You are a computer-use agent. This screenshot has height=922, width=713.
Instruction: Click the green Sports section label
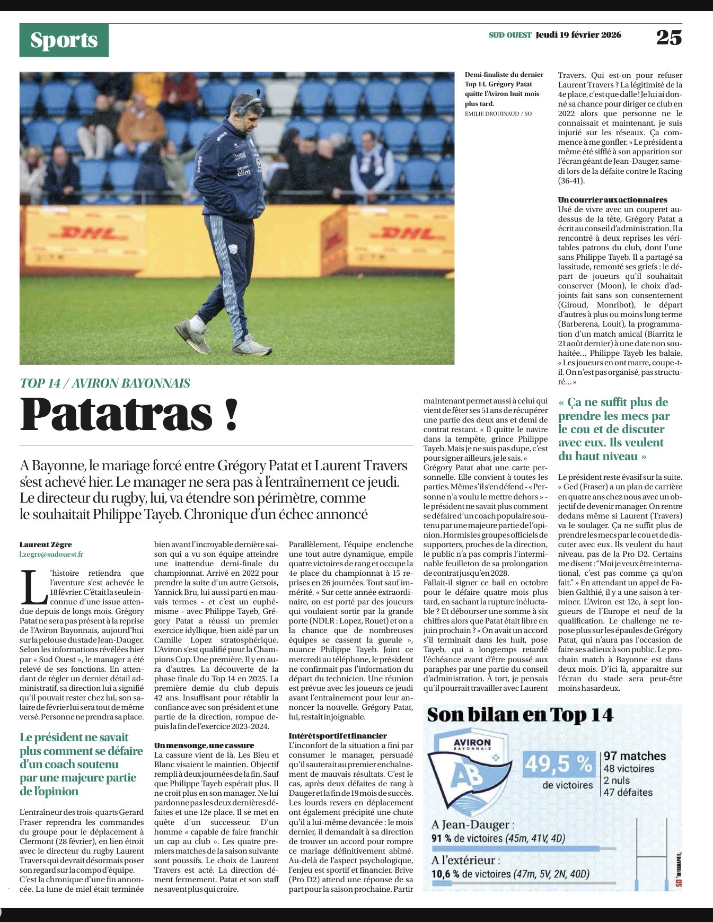[64, 40]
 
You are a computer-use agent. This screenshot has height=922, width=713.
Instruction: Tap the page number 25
[668, 37]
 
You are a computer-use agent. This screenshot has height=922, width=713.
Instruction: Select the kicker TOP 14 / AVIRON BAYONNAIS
[105, 383]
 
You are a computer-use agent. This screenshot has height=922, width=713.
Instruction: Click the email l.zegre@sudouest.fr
[51, 554]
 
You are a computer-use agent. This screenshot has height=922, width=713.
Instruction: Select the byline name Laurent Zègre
[46, 545]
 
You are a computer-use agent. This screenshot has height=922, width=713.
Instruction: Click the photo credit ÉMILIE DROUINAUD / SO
[498, 113]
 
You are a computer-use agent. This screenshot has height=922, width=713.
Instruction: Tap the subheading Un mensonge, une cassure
[204, 745]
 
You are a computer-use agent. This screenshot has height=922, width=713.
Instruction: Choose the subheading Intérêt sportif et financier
[338, 735]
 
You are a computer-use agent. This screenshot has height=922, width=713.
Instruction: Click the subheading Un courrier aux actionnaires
[612, 200]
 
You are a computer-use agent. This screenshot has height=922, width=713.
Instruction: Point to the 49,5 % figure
[558, 764]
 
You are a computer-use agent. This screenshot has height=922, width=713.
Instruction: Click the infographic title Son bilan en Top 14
[520, 715]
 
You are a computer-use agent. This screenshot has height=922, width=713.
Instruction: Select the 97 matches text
[634, 756]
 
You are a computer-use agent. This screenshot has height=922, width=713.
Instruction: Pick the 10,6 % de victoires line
[510, 874]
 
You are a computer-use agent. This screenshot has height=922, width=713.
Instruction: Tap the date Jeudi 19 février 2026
[578, 35]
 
